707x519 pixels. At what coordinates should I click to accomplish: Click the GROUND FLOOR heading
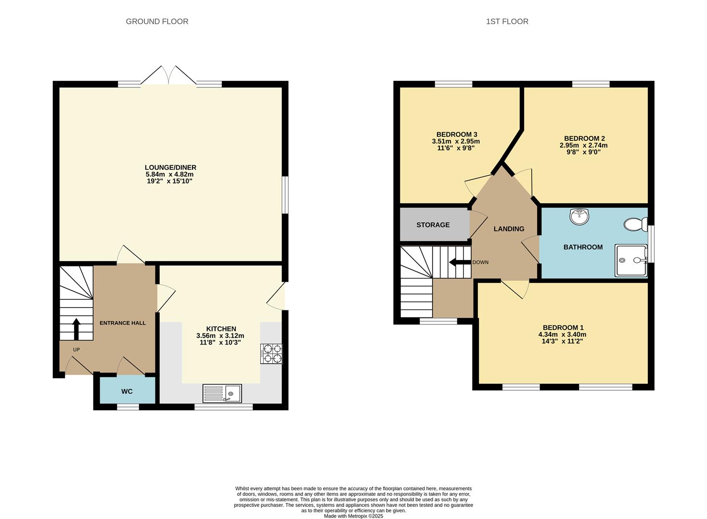(157, 21)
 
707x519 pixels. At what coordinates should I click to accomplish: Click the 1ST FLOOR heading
(507, 21)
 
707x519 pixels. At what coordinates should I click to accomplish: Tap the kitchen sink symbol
(222, 394)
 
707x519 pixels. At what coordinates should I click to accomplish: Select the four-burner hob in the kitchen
(271, 354)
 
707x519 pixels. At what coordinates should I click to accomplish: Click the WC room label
(127, 392)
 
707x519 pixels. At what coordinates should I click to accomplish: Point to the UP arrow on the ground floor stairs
(76, 329)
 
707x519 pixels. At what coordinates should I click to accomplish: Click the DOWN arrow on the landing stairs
(459, 262)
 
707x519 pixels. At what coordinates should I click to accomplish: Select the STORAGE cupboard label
(433, 225)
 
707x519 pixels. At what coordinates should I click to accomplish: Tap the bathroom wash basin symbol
(579, 216)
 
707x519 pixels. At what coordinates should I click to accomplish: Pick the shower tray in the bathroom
(631, 260)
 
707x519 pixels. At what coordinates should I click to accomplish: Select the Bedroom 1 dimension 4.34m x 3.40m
(562, 334)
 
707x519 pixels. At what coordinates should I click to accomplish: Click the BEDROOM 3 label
(457, 134)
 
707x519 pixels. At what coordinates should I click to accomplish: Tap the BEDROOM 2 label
(584, 138)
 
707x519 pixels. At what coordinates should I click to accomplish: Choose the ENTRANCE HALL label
(123, 323)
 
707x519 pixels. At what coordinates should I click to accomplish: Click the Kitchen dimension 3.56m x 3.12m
(220, 335)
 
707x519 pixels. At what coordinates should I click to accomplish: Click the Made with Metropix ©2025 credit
(353, 516)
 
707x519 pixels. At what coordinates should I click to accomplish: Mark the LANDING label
(509, 229)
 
